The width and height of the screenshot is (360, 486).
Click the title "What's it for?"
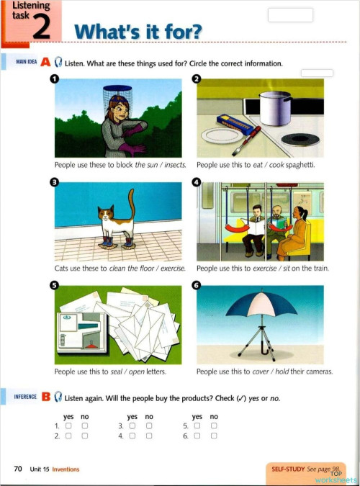click(139, 32)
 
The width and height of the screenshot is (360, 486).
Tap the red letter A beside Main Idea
click(45, 63)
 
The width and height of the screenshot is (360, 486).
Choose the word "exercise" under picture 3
click(171, 269)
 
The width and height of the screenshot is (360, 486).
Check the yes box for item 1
click(68, 426)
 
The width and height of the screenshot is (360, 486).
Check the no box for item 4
click(149, 436)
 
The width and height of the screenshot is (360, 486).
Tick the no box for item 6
click(214, 436)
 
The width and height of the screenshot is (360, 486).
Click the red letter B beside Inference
click(45, 397)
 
